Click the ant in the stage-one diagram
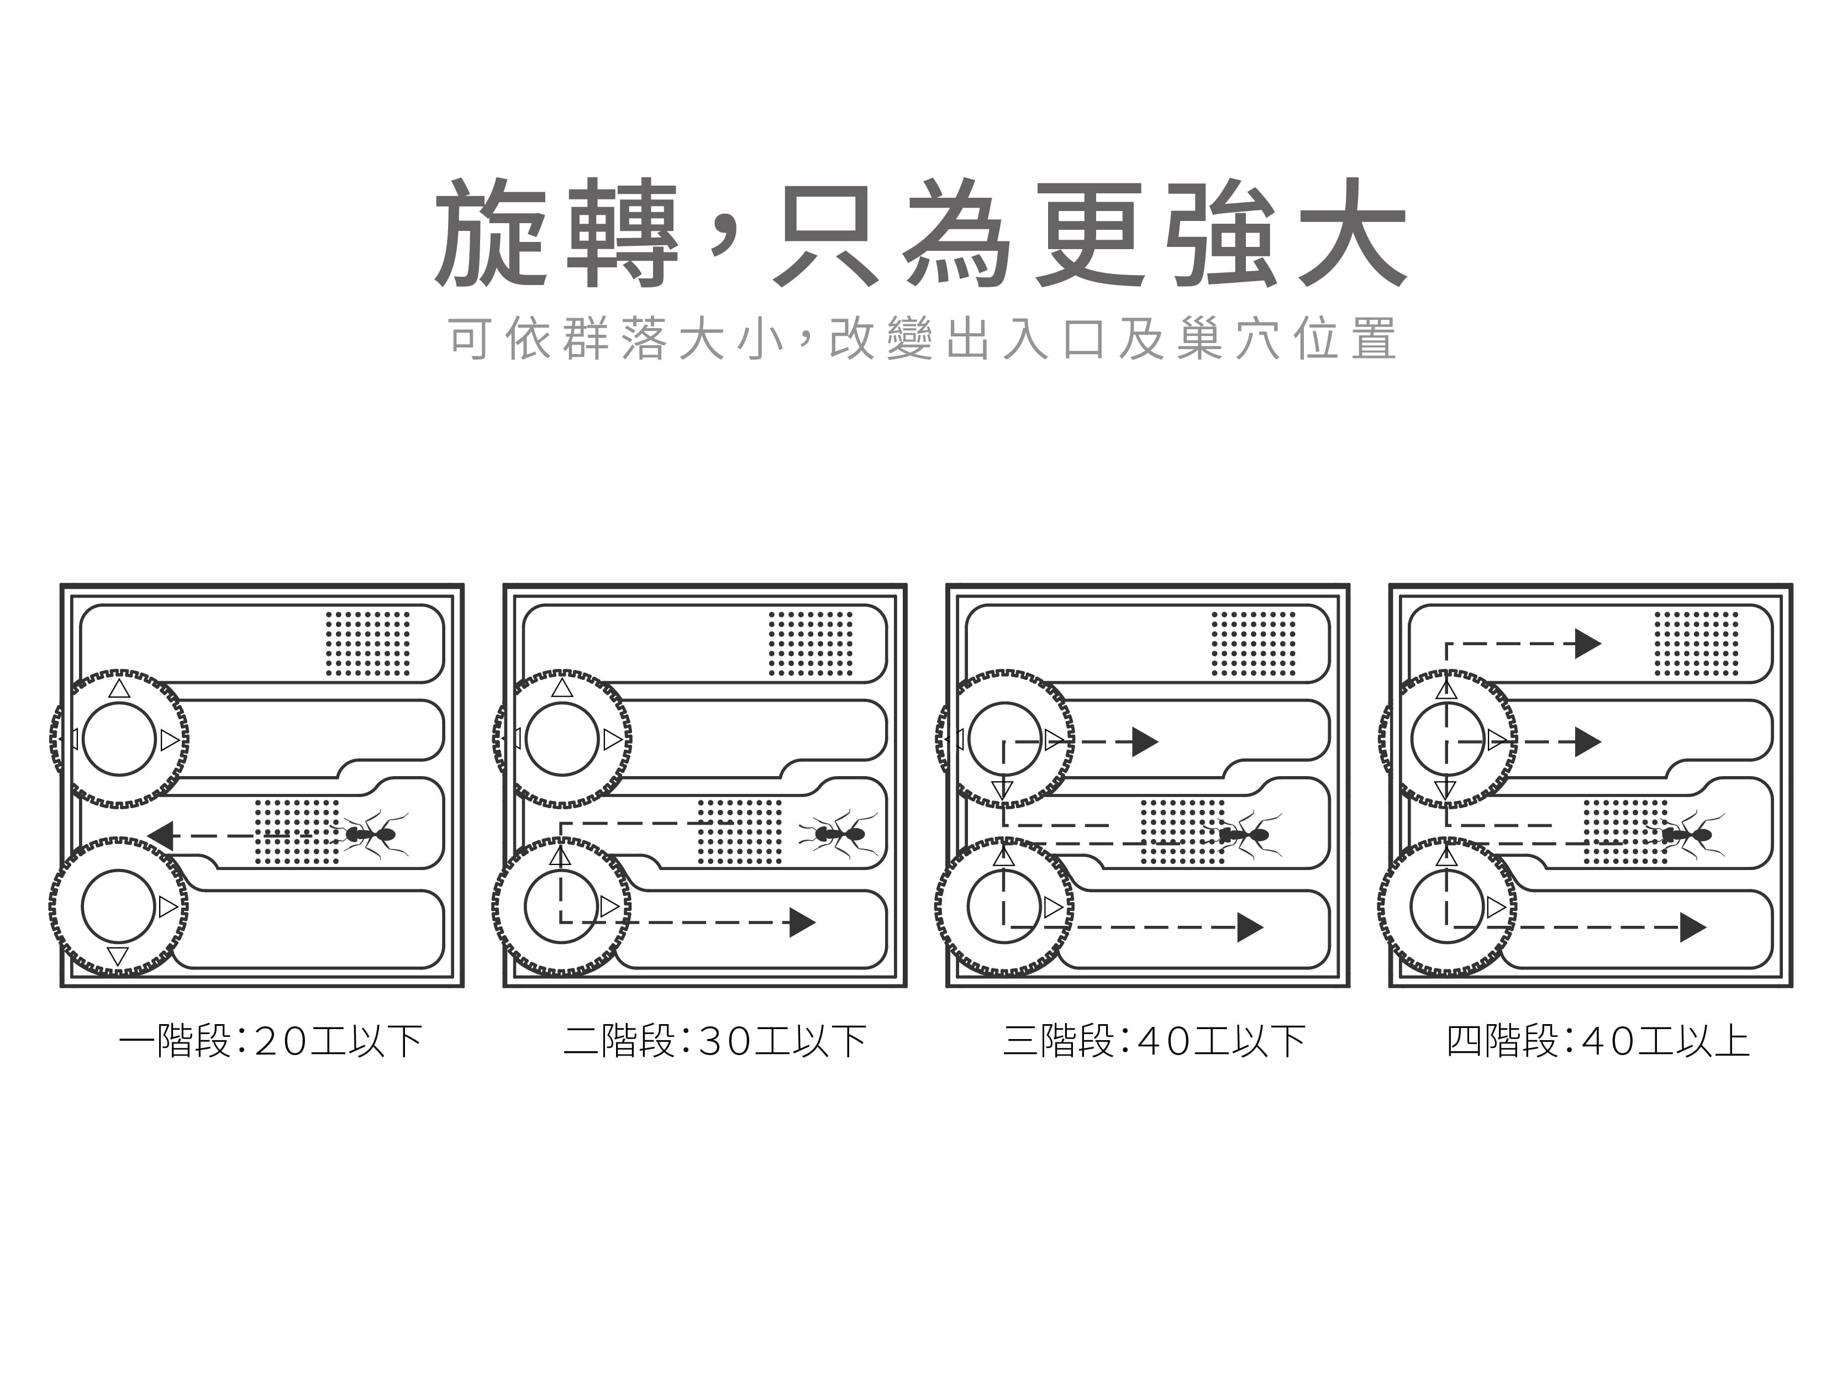coord(372,833)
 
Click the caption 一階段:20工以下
coord(271,1041)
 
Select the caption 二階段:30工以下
coord(714,1041)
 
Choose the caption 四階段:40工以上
coord(1598,1041)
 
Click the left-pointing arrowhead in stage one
coord(161,836)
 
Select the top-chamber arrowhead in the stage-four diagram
coord(1587,644)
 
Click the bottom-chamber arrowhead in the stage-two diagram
coord(801,923)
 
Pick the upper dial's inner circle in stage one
coord(119,739)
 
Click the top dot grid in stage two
coord(811,644)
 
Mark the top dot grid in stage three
coord(1253,644)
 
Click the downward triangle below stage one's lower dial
coord(118,956)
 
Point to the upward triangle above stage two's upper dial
coord(562,688)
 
